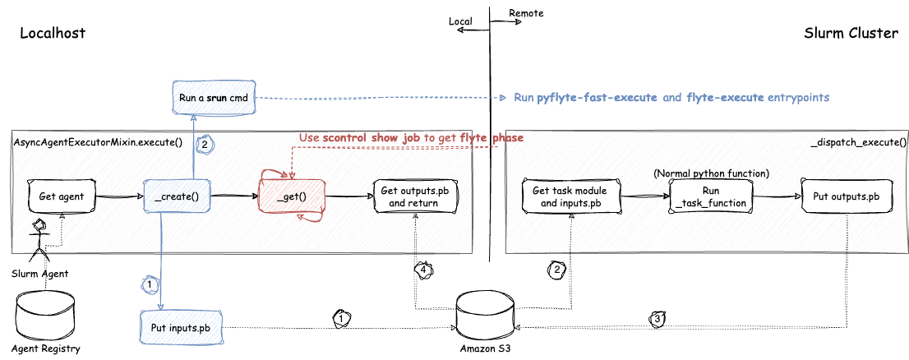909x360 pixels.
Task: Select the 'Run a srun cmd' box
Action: click(x=214, y=97)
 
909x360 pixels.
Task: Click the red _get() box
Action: click(x=292, y=196)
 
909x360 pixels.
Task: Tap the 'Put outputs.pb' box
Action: click(x=846, y=196)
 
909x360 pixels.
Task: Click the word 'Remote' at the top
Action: click(x=526, y=13)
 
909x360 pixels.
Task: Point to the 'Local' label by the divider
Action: click(x=459, y=21)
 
